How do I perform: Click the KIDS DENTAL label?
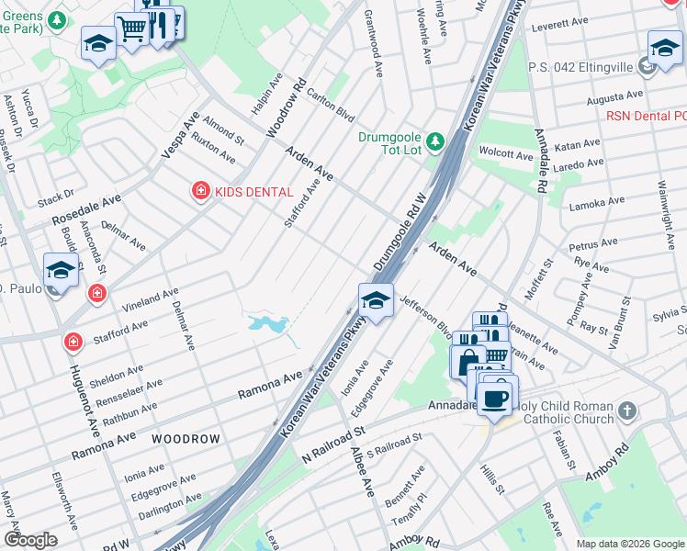point(253,192)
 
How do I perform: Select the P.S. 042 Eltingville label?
point(580,67)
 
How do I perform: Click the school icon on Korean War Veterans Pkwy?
point(375,300)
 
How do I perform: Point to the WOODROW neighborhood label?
point(186,439)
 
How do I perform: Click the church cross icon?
point(626,410)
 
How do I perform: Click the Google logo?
point(30,539)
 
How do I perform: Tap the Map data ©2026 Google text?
point(629,544)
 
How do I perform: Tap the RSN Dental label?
point(647,116)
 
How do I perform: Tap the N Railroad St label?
point(334,441)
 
